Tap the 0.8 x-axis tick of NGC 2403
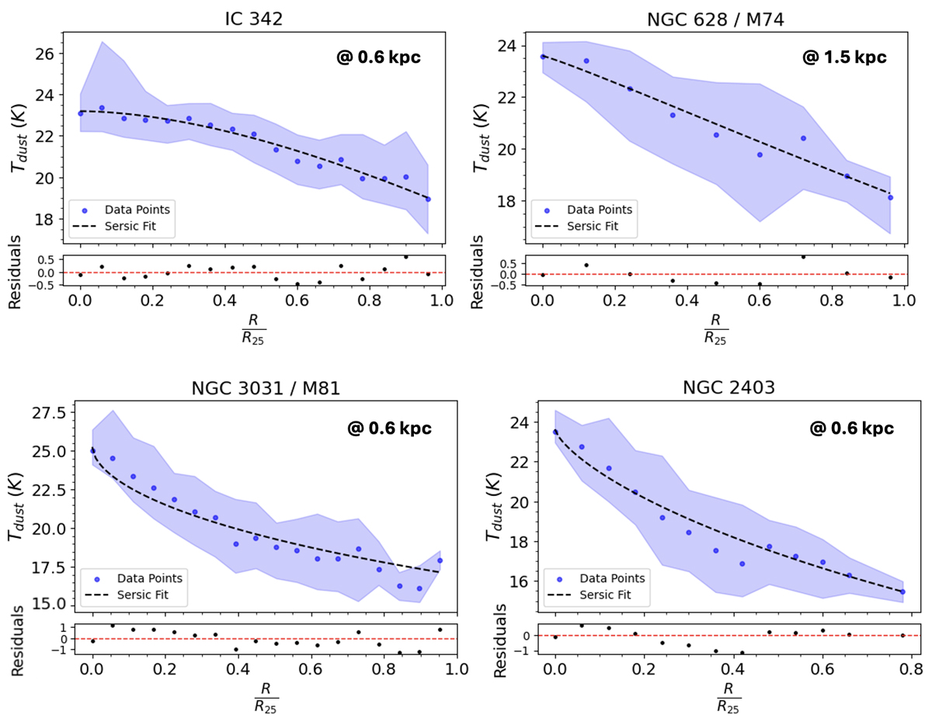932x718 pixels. click(911, 668)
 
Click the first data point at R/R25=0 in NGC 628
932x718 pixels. click(542, 57)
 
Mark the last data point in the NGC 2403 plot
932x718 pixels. click(902, 591)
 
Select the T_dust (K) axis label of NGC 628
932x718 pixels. click(485, 130)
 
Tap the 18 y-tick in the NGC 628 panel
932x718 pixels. click(510, 201)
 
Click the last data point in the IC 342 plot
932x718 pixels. click(428, 199)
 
